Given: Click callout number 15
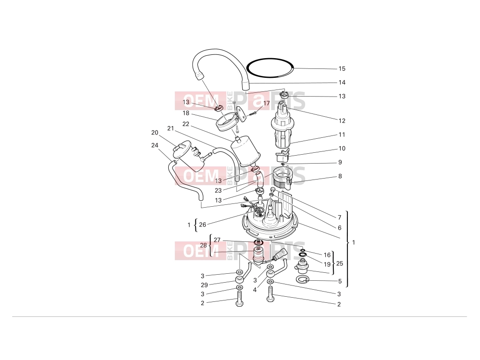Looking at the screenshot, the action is click(342, 69).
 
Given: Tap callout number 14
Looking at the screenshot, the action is click(342, 82).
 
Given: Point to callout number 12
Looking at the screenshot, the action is click(342, 120).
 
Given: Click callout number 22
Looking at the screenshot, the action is click(186, 124).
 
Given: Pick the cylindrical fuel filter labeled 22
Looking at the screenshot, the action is click(246, 152).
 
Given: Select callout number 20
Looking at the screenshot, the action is click(155, 133).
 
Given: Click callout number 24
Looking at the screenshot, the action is click(155, 145).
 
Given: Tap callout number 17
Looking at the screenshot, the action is click(266, 103).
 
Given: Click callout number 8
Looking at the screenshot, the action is click(340, 176).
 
